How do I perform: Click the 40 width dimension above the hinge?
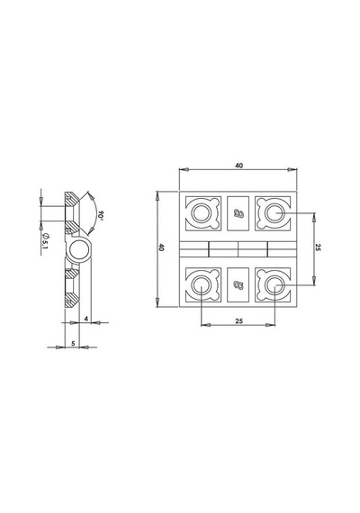click(238, 166)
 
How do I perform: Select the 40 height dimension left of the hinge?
click(161, 247)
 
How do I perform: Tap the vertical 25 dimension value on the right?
click(318, 247)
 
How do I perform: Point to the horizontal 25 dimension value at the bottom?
click(238, 321)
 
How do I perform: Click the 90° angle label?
click(101, 215)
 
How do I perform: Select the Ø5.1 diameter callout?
click(45, 241)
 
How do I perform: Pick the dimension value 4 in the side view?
click(86, 319)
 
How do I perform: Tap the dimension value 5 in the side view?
click(73, 343)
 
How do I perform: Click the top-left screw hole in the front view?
click(202, 213)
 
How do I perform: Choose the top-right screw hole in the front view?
click(274, 213)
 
